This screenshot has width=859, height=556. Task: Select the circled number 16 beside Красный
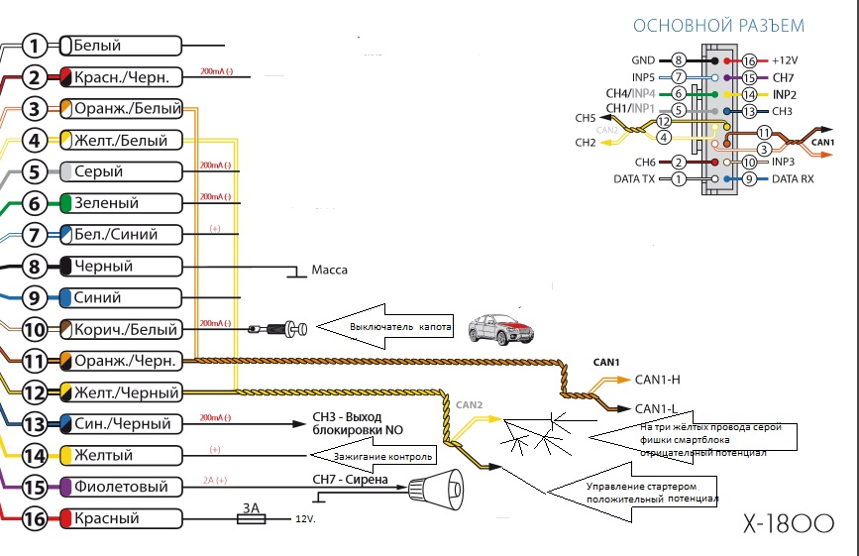pos(34,518)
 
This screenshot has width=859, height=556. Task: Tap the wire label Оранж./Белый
pos(121,108)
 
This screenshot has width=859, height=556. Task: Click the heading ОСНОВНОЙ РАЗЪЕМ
pos(718,26)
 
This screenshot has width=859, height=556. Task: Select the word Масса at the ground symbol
pos(329,270)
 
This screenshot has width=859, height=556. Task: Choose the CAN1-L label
pos(657,407)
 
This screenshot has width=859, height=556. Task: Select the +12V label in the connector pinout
pos(786,60)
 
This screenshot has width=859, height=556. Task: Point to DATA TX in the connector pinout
pos(635,179)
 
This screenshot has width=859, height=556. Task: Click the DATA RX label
pos(793,179)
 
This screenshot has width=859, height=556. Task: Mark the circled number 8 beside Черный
pos(34,266)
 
